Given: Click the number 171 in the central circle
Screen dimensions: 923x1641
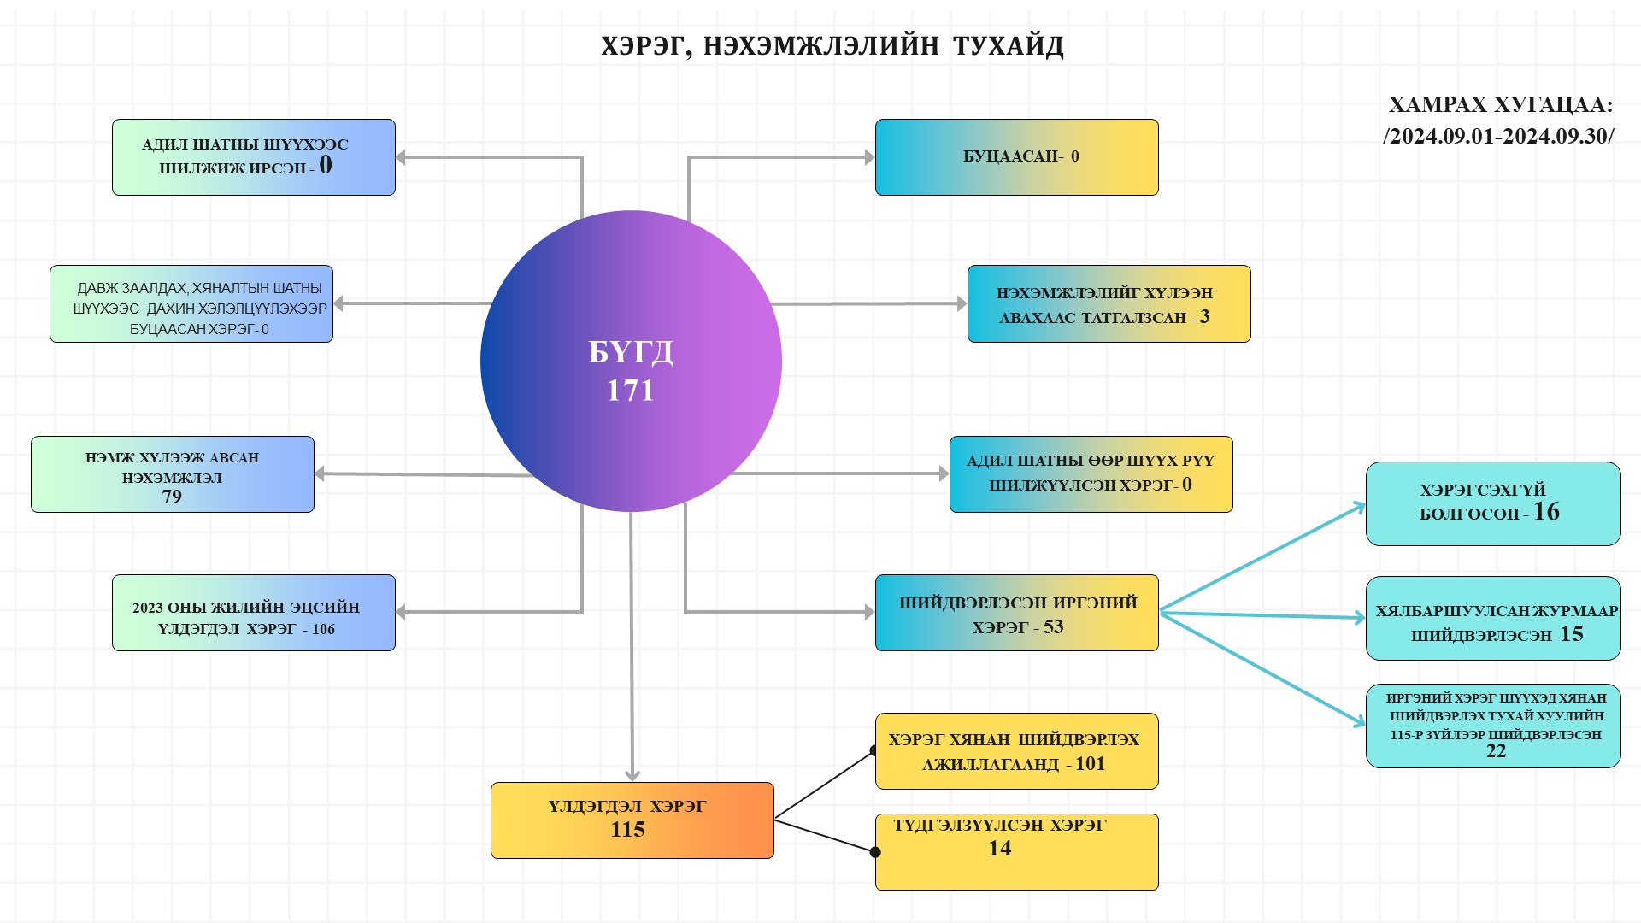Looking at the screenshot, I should [630, 391].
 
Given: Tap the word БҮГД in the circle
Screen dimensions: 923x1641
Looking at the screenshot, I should [631, 352].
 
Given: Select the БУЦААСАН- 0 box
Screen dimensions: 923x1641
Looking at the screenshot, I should [1016, 157].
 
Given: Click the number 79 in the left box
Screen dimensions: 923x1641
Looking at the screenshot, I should [172, 497].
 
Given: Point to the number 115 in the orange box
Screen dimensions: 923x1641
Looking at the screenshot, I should [627, 830].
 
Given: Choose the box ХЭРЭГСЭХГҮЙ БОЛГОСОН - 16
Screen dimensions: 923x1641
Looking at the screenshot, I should [1492, 503].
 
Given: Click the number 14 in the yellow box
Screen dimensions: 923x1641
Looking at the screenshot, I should [999, 849].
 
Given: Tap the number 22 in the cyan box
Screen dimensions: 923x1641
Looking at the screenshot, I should [1496, 751].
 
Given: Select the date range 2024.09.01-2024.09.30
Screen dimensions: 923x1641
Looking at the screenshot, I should [1498, 137].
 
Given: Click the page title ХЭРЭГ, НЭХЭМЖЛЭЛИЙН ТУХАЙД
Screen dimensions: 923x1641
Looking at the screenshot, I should [832, 46].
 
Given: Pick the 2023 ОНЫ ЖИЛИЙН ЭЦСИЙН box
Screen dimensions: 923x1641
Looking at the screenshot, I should [253, 613].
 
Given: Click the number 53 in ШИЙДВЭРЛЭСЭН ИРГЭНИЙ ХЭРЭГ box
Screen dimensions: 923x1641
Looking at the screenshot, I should [1053, 627].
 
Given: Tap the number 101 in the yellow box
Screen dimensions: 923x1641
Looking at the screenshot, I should [1090, 764].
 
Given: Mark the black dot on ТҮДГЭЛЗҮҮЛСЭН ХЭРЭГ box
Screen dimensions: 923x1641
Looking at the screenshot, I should [875, 852].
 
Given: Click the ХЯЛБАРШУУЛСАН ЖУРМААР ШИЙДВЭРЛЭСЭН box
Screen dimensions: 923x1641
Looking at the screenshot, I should [1492, 618].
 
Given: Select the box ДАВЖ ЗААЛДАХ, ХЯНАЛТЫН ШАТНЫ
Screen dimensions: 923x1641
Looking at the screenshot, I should [191, 304].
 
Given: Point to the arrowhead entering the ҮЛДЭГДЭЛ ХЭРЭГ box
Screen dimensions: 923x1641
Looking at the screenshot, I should [632, 776].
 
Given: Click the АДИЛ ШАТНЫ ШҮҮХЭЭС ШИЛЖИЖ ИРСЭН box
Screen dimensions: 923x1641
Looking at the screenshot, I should [253, 157].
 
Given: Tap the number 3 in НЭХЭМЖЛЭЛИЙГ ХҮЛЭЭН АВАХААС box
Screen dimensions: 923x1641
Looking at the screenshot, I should [1204, 317].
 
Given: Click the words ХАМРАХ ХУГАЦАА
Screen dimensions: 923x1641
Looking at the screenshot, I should [1500, 105].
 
